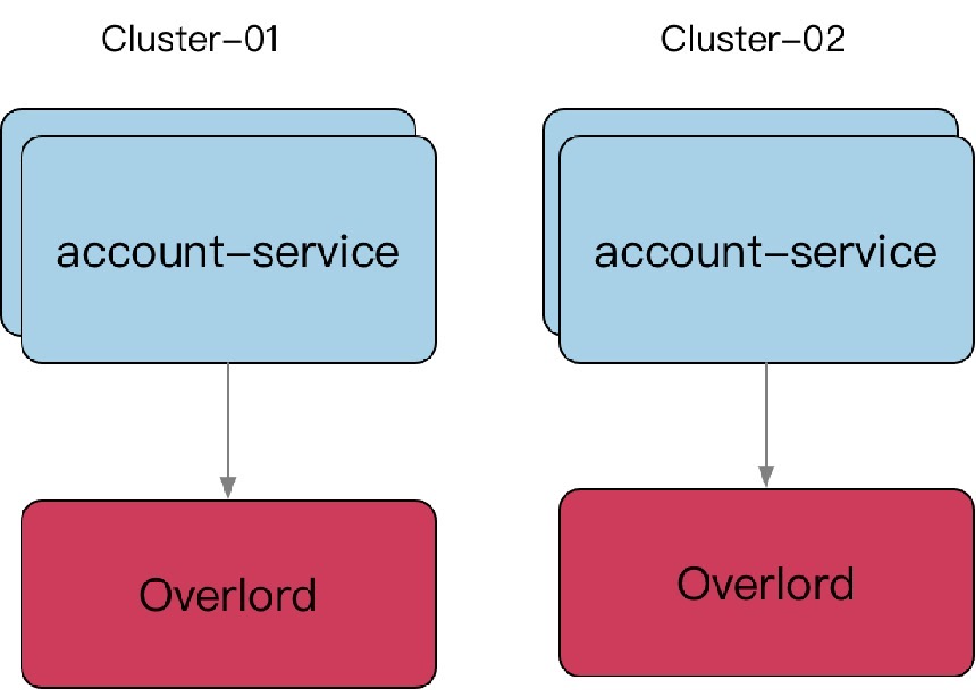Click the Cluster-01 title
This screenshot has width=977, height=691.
(x=190, y=39)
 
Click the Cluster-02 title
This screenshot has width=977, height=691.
(x=753, y=39)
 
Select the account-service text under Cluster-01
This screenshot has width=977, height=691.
(x=228, y=252)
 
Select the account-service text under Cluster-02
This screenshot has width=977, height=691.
(x=766, y=252)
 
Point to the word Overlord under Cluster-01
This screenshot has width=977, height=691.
(x=228, y=595)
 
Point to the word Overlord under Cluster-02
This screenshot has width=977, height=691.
(x=766, y=584)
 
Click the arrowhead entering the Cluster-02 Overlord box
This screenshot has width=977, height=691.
(x=766, y=476)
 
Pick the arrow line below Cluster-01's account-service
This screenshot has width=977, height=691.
(x=228, y=431)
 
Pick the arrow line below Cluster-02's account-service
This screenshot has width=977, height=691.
(x=766, y=425)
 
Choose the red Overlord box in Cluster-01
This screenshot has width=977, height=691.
(x=228, y=594)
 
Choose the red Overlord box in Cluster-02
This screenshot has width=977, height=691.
(x=767, y=583)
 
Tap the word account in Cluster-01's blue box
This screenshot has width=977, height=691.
(x=140, y=252)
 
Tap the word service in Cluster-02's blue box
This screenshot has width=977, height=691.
(x=864, y=252)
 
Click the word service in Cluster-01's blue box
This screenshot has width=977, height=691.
(x=326, y=252)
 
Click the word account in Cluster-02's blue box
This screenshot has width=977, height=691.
(x=678, y=252)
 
